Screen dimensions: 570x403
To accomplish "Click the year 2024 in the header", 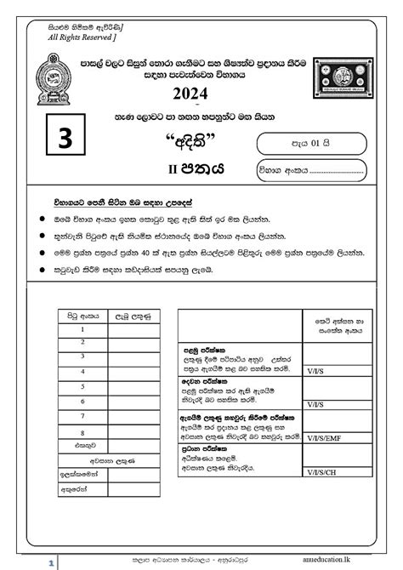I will [x=201, y=93].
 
